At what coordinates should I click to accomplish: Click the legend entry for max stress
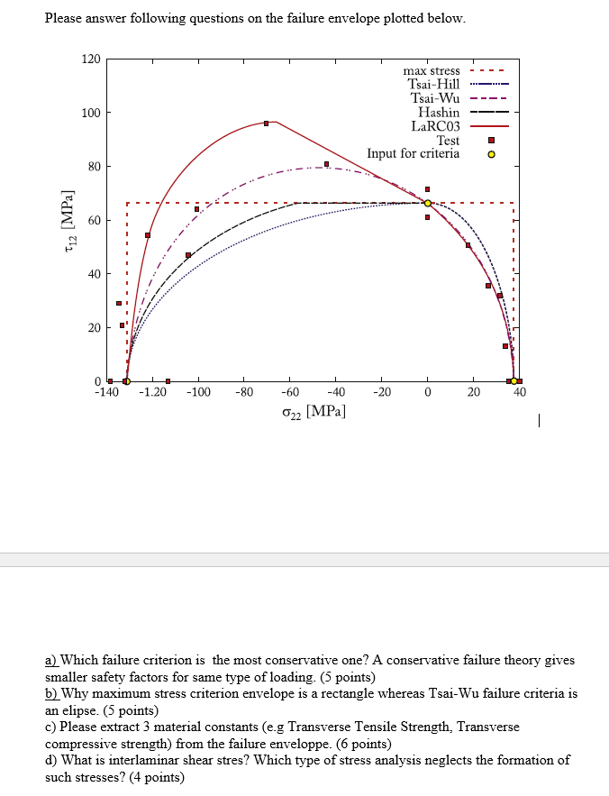432,70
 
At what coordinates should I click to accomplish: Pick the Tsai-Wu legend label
435,97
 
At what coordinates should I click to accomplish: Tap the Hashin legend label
439,112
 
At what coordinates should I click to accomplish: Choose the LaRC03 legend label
436,125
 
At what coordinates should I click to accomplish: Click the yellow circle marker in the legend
491,153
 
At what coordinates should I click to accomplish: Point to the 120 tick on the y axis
90,59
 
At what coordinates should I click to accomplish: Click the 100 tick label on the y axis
90,113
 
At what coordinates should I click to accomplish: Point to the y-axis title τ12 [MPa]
68,222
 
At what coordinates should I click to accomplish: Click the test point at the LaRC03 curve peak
266,123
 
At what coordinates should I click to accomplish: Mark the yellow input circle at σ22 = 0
427,203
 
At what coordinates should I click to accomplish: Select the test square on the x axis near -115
168,381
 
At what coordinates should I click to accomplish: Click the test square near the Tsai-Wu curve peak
326,164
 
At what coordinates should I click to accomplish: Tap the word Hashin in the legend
439,112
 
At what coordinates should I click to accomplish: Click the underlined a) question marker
51,661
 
